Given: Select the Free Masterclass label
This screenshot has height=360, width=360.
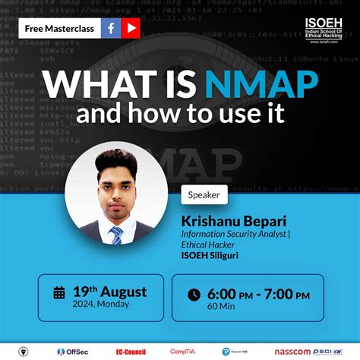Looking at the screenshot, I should (x=58, y=29).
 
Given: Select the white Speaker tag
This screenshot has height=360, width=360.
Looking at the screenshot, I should (x=204, y=195).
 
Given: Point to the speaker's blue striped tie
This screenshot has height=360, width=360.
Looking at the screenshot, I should (x=116, y=235).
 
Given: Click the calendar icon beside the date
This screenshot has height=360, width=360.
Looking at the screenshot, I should (x=59, y=293).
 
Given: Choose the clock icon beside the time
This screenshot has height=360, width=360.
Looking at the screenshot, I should (x=194, y=295).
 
